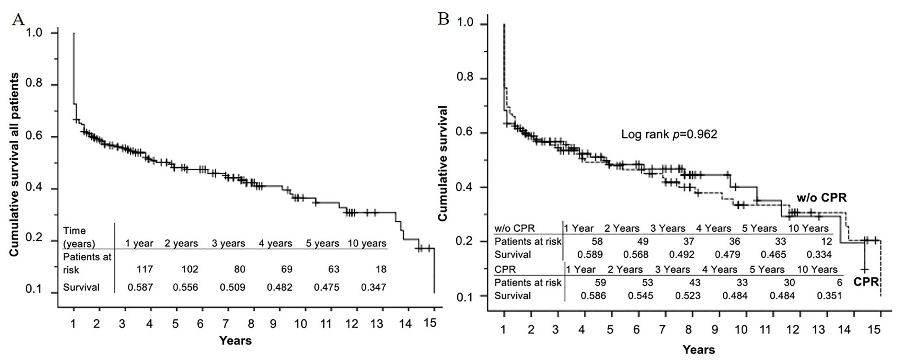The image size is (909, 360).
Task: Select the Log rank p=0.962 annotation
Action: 669,134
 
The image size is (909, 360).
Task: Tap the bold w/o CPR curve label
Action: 822,198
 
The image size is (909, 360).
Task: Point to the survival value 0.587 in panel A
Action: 140,287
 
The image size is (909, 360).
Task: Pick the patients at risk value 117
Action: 145,269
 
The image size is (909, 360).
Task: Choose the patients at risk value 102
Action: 190,269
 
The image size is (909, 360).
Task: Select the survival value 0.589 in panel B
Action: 590,254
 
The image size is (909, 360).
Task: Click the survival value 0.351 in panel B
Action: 829,296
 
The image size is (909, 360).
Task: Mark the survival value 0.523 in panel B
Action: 688,296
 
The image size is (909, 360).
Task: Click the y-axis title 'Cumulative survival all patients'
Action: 14,165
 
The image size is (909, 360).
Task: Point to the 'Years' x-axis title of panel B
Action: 699,349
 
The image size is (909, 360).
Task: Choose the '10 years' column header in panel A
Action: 367,244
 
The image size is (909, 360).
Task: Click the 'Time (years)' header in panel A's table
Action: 79,237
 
